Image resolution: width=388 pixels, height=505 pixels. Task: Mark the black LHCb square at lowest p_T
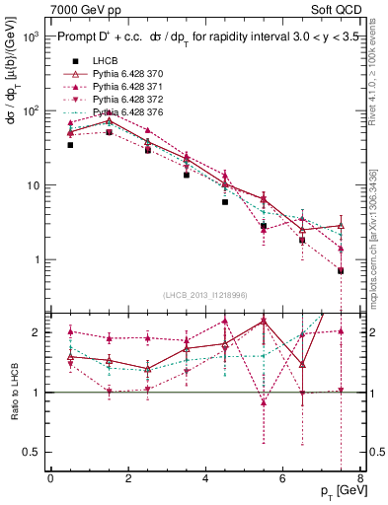click(x=70, y=145)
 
